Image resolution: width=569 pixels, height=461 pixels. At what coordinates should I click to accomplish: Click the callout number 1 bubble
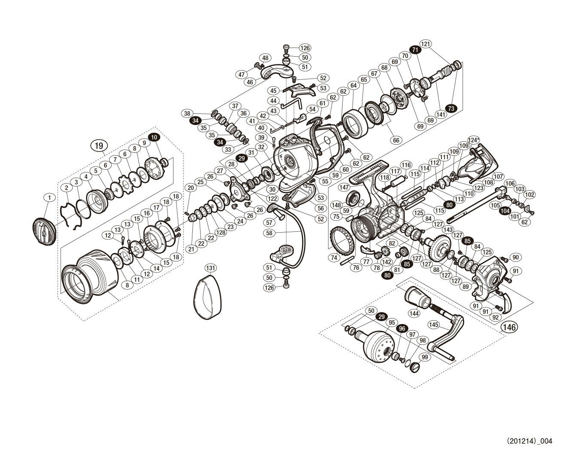point(50,197)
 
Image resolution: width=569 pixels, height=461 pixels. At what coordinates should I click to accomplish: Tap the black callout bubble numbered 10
point(154,136)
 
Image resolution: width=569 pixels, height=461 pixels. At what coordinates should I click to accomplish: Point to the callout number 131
point(210,267)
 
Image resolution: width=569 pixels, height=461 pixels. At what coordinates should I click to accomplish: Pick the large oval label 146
point(508,327)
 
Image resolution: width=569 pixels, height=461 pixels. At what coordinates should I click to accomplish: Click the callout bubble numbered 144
point(414,313)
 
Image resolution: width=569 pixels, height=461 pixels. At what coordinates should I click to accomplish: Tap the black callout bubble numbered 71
point(415,50)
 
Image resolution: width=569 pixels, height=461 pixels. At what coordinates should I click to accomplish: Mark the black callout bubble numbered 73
point(450,109)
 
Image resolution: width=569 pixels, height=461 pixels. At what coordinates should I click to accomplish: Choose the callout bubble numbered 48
point(265,58)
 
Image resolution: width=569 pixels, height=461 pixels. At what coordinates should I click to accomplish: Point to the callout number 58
point(269,233)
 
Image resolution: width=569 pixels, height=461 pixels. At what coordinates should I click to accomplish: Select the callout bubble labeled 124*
point(472,140)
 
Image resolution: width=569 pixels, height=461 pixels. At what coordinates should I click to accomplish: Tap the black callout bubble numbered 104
point(505,211)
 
